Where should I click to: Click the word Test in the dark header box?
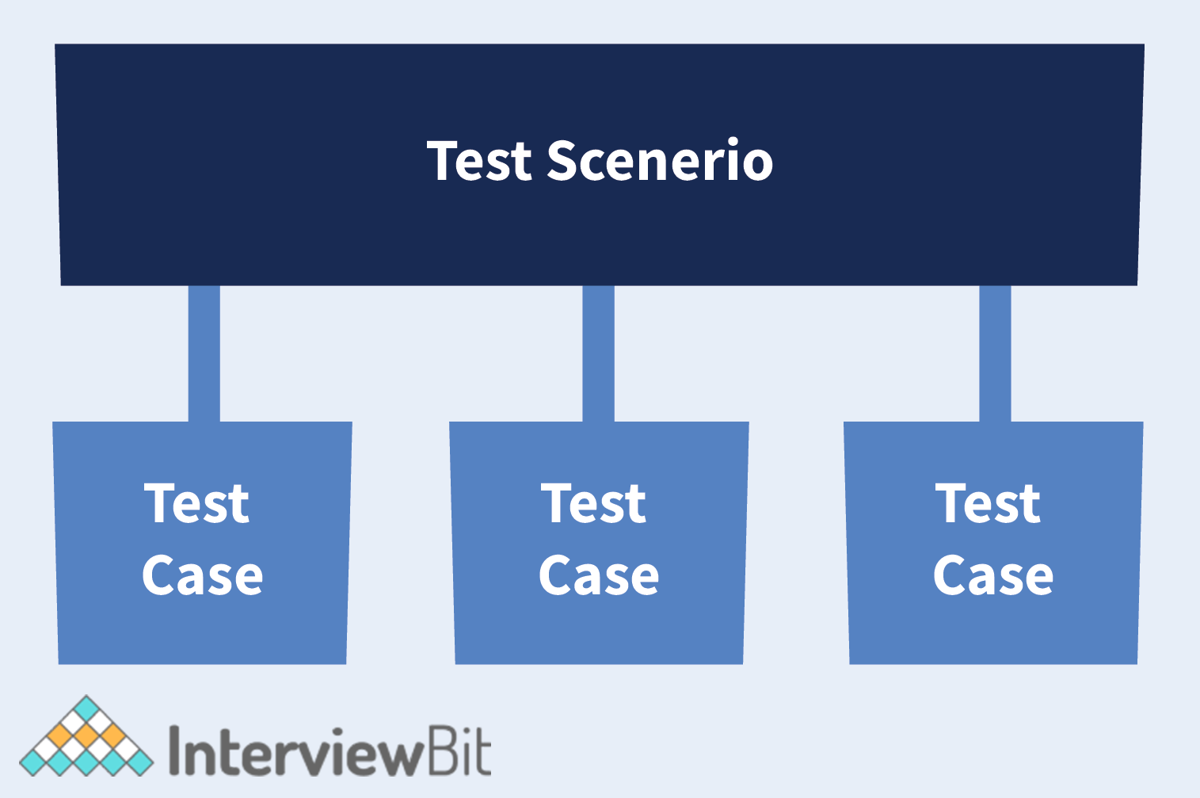pos(478,160)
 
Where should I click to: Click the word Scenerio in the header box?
pos(660,160)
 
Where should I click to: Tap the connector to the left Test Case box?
pos(204,353)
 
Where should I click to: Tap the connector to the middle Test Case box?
pos(598,353)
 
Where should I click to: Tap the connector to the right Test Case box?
pos(995,353)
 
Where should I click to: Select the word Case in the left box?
pos(203,575)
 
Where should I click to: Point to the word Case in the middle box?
pos(599,575)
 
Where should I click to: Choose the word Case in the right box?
pos(994,575)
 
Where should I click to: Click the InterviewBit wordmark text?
pos(330,750)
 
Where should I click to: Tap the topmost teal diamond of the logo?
pos(86,709)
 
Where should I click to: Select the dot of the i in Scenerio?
pos(732,142)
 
